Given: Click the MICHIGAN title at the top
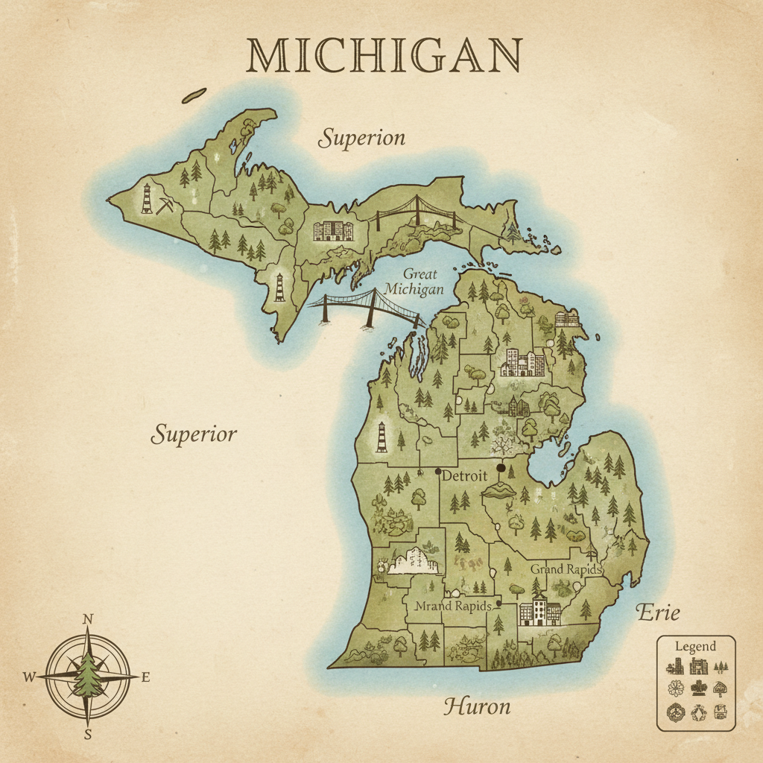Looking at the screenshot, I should coord(384,55).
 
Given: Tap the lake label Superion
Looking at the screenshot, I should coord(362,138).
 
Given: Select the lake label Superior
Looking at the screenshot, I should coord(194,434).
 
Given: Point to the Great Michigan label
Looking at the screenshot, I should coord(414,282).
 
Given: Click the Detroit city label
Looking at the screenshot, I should coord(464,475).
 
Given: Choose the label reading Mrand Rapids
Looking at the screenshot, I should coord(452,606).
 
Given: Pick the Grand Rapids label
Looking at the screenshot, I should coord(566,569).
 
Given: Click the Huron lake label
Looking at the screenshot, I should coord(477,706).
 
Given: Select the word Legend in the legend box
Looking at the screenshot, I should coord(694,646).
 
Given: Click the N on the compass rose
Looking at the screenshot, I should coord(88,619).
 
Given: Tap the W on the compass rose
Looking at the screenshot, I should coord(29,677).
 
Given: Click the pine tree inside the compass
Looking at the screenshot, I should coord(88,675).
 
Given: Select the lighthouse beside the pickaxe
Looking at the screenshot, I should coord(147,198).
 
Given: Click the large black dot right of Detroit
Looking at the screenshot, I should coord(501,468).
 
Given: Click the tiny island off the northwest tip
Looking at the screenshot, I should coord(195,95).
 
